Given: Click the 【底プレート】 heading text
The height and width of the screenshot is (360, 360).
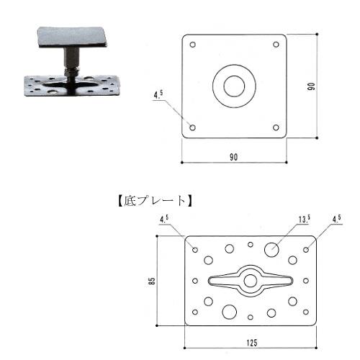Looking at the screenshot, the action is click(155, 201).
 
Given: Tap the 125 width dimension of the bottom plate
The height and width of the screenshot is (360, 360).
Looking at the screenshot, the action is click(252, 343).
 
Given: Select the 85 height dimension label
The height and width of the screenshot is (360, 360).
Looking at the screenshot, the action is click(152, 281).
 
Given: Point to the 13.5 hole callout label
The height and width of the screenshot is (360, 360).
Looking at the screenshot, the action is click(305, 219).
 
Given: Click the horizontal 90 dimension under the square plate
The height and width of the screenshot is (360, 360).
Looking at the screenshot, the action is click(233, 157).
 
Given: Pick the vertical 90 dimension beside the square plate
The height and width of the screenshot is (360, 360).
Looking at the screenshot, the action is click(311, 86).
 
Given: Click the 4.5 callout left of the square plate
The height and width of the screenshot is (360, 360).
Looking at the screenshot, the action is click(158, 95).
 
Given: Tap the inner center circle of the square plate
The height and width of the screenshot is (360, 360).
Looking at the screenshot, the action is click(234, 86).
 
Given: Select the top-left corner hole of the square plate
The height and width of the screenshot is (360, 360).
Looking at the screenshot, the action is click(193, 45).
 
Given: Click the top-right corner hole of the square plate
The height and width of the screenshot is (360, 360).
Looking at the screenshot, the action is click(276, 45).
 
